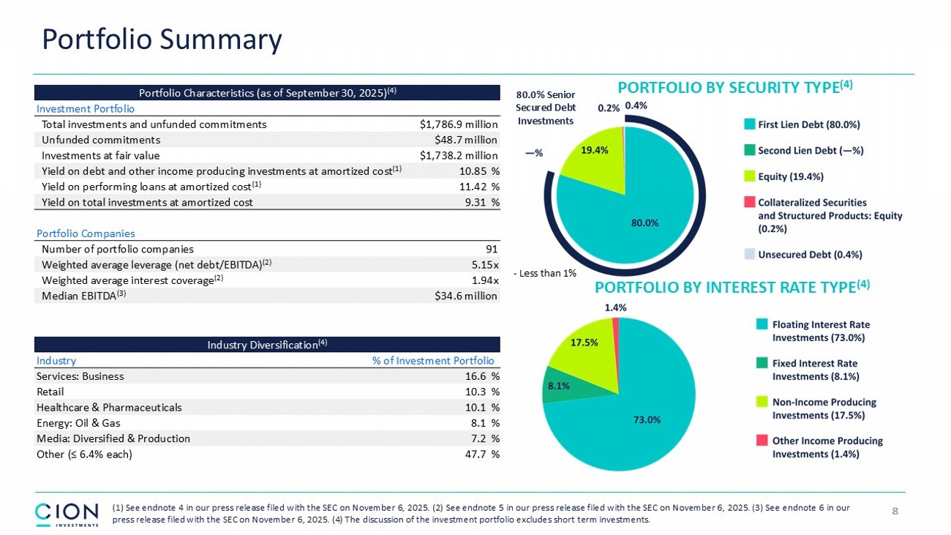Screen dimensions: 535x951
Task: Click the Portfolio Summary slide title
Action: (x=162, y=40)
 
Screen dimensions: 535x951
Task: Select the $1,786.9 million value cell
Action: (x=459, y=124)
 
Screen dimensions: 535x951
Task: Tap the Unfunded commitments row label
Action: (x=101, y=140)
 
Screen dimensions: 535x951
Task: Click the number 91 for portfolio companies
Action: (x=492, y=249)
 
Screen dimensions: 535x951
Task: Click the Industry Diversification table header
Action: (x=267, y=344)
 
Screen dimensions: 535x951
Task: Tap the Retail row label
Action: (x=50, y=392)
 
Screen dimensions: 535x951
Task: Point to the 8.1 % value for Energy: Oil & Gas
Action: (x=484, y=423)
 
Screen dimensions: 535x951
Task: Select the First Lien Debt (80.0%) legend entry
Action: (x=800, y=124)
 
